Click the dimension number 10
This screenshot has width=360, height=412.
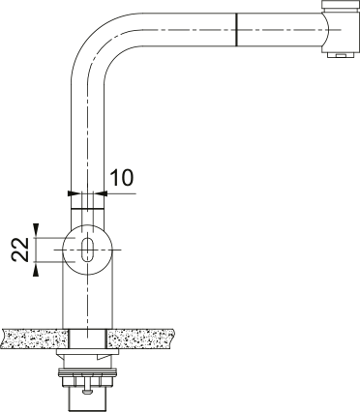click(x=121, y=178)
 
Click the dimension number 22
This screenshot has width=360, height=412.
click(x=20, y=250)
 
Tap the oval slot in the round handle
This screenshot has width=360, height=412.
click(x=87, y=250)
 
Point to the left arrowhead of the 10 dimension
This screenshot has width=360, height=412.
click(x=74, y=193)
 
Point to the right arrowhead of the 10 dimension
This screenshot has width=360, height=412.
click(x=101, y=193)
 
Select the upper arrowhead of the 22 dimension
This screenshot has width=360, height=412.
click(x=36, y=228)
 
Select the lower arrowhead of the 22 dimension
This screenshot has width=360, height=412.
click(x=36, y=270)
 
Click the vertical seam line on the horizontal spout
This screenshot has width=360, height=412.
click(x=236, y=30)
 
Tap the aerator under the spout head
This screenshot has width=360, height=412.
click(x=341, y=55)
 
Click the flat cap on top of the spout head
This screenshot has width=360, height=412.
click(x=342, y=5)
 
